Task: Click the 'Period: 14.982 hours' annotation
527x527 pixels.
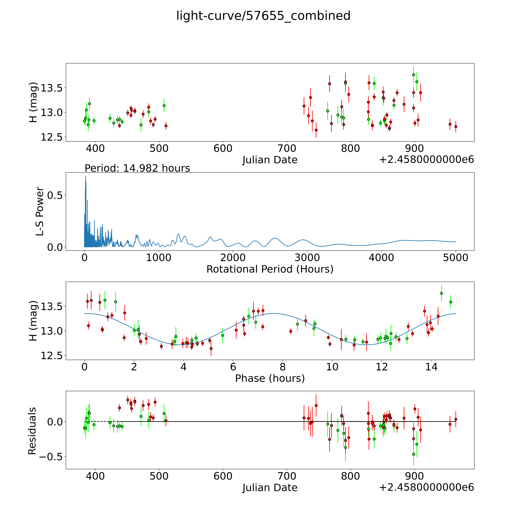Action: pyautogui.click(x=137, y=168)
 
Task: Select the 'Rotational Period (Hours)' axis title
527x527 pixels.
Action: pyautogui.click(x=270, y=269)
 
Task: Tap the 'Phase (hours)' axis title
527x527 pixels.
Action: pyautogui.click(x=270, y=378)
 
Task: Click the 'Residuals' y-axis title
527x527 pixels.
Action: pyautogui.click(x=32, y=431)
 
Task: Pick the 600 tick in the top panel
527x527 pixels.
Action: pyautogui.click(x=223, y=149)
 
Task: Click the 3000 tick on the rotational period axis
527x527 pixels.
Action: pyautogui.click(x=307, y=258)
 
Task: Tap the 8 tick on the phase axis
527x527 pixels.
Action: pyautogui.click(x=283, y=367)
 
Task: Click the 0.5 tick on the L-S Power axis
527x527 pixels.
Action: pyautogui.click(x=55, y=195)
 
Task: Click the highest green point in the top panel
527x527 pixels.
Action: pyautogui.click(x=413, y=75)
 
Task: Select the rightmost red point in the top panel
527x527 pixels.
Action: pyautogui.click(x=456, y=127)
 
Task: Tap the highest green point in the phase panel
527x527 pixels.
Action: pyautogui.click(x=441, y=293)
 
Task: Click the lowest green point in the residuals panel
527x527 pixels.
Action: pyautogui.click(x=413, y=454)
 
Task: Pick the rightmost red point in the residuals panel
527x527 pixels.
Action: pyautogui.click(x=456, y=419)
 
